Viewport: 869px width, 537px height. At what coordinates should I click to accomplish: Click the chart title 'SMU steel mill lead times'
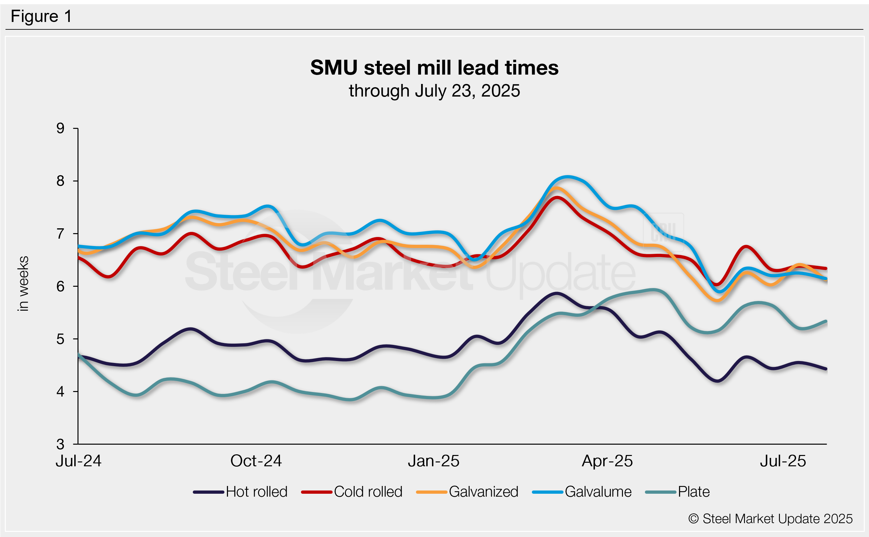click(x=434, y=67)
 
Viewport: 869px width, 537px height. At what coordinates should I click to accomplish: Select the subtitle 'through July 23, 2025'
click(x=434, y=91)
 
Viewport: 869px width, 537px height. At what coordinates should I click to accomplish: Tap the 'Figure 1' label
click(x=41, y=16)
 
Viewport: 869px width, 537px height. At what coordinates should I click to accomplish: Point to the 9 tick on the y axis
click(x=60, y=128)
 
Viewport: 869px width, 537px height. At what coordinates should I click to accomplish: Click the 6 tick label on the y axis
click(x=60, y=286)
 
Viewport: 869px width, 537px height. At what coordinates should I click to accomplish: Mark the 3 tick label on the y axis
click(x=60, y=444)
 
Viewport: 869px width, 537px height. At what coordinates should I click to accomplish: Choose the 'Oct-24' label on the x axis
click(x=256, y=461)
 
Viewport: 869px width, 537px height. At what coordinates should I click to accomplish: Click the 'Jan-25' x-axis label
click(x=433, y=461)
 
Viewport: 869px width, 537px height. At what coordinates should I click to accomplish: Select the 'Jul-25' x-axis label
click(x=783, y=461)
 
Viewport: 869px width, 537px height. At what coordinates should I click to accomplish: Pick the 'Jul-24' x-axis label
click(x=78, y=461)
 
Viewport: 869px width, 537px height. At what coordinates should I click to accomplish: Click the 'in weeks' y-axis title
click(x=23, y=284)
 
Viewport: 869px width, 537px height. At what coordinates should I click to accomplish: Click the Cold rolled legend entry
click(x=352, y=492)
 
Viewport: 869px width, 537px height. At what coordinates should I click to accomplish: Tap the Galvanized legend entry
click(x=467, y=492)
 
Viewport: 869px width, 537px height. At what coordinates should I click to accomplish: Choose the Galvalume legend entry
click(x=582, y=492)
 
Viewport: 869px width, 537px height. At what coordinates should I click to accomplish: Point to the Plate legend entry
click(x=677, y=492)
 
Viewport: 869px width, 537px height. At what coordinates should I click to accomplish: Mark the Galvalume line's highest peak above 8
click(x=567, y=177)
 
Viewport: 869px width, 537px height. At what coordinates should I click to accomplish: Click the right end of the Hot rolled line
click(x=826, y=369)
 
